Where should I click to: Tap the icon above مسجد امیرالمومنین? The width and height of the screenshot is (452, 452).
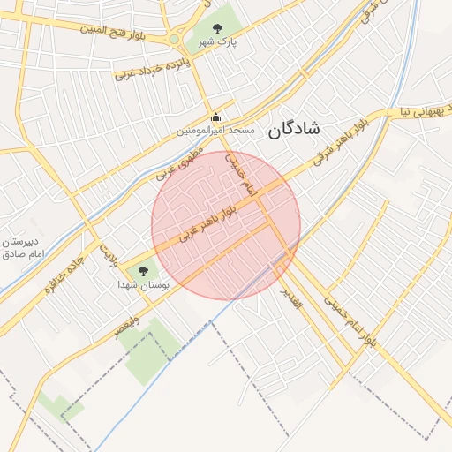pyautogui.click(x=215, y=117)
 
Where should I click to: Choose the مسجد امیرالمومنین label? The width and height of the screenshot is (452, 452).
pyautogui.click(x=215, y=130)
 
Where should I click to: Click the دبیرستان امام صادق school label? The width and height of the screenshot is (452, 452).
pyautogui.click(x=23, y=248)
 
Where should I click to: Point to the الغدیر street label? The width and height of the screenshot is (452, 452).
pyautogui.click(x=290, y=297)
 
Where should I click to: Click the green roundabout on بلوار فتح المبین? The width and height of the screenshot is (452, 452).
pyautogui.click(x=174, y=39)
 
